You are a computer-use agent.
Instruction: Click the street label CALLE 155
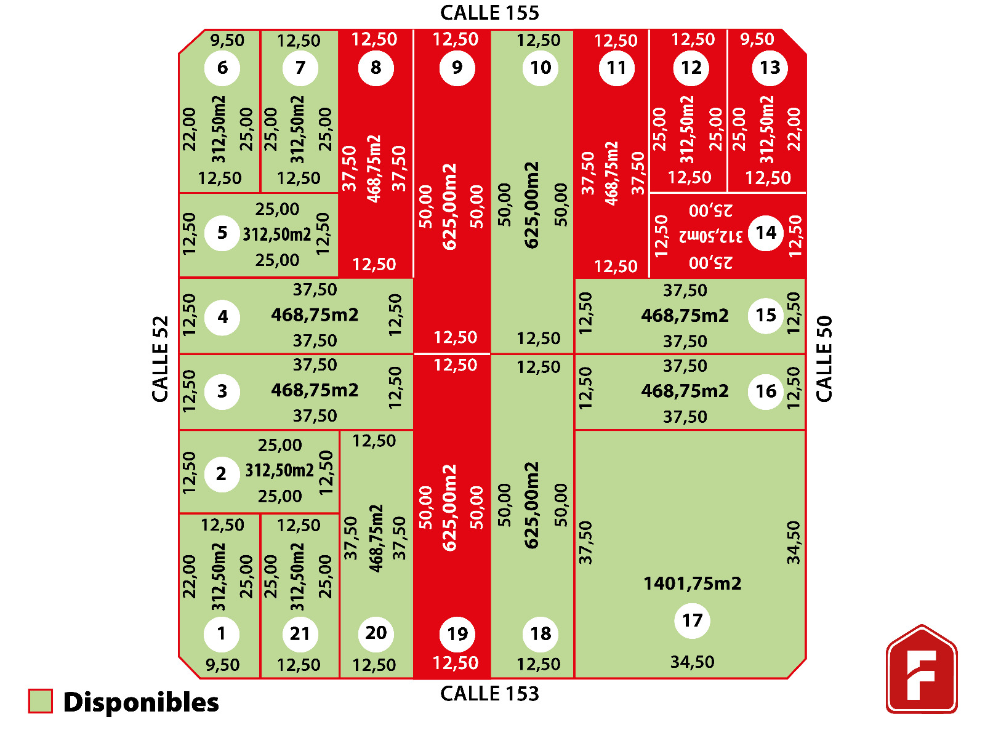(x=489, y=13)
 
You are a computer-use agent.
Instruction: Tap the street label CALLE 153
(x=489, y=694)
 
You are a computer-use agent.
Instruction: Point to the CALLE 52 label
(x=160, y=359)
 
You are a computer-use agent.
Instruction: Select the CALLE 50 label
(x=824, y=359)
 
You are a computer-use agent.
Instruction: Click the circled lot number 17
(x=692, y=620)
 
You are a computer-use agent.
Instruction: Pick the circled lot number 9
(x=457, y=68)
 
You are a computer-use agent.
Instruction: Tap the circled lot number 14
(x=766, y=233)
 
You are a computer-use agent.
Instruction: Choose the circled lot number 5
(x=222, y=233)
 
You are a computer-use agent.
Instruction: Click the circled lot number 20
(x=376, y=633)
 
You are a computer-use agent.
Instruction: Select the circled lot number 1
(x=222, y=633)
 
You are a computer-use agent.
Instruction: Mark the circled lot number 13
(x=770, y=68)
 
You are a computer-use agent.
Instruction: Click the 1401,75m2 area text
(x=692, y=584)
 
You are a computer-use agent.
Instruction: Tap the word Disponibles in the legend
(x=141, y=702)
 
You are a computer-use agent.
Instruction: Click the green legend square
(x=41, y=701)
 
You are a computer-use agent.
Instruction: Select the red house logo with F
(x=922, y=670)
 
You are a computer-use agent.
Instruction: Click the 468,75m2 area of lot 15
(x=685, y=316)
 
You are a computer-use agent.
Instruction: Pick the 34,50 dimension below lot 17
(x=692, y=662)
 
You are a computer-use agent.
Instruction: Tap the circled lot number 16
(x=766, y=391)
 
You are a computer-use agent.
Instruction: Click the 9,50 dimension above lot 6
(x=227, y=41)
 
